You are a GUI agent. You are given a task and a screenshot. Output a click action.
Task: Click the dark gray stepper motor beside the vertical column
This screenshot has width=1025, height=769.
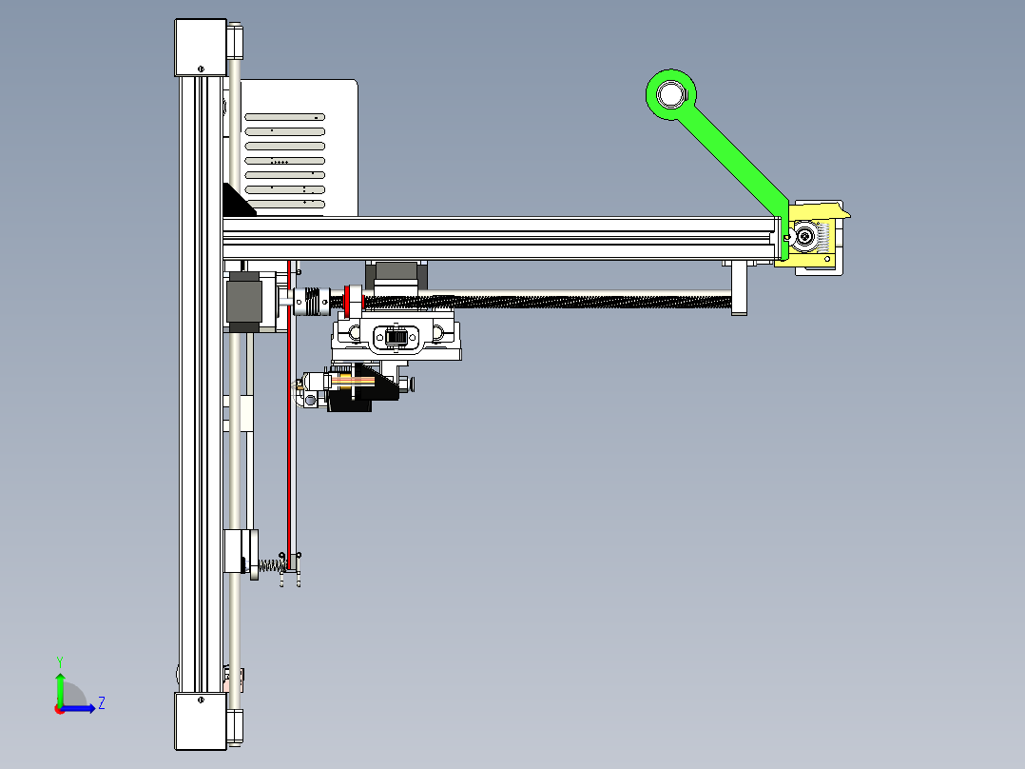click(x=245, y=302)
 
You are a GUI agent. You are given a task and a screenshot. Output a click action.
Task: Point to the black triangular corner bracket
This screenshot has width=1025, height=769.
click(x=235, y=202)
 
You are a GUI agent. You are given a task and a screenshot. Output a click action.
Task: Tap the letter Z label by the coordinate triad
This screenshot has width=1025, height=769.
click(x=101, y=703)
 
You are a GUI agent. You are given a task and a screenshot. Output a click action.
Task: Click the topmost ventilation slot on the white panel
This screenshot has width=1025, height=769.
click(x=285, y=117)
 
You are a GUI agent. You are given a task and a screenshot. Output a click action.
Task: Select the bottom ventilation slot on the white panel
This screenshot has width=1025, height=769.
click(x=285, y=205)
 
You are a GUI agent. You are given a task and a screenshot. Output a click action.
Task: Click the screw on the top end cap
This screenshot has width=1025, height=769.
click(x=201, y=68)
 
